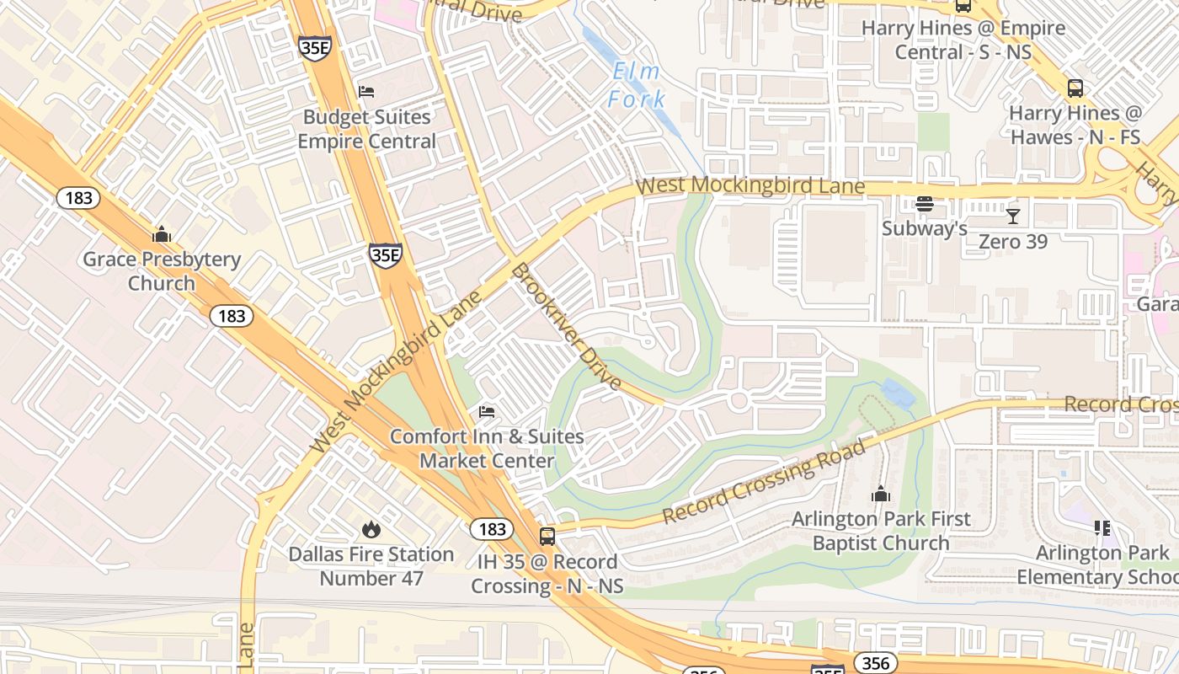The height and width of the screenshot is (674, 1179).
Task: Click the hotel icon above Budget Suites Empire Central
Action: pos(366,91)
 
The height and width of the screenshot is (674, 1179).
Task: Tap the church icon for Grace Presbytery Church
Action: pos(161,234)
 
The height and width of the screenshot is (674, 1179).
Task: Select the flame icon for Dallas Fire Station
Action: pos(371,529)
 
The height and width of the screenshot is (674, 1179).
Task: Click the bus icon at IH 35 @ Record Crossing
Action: pos(547,537)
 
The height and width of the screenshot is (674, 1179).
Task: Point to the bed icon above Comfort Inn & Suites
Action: pos(487,412)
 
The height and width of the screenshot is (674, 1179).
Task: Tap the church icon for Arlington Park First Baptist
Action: pos(880,494)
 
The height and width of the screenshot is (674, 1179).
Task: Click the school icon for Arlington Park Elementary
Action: pos(1102,528)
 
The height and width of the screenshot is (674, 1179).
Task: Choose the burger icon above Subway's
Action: pos(925,204)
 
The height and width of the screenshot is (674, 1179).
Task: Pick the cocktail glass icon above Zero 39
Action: pos(1013,217)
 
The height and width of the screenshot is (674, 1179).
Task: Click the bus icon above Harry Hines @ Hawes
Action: pos(1075,88)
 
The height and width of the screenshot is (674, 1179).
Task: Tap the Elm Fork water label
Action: pos(638,85)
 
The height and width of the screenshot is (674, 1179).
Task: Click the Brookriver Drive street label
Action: pos(566,327)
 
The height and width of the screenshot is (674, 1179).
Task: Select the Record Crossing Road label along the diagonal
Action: pos(764,482)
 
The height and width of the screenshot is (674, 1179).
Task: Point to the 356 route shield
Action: pos(876,663)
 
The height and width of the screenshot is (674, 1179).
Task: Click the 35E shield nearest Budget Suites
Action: pos(314,48)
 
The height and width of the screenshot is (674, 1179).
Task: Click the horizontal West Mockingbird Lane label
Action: pos(750,185)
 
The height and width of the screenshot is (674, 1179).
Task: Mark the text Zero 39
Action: pos(1013,242)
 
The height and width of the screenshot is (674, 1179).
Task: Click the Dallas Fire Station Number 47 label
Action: pos(371,566)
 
